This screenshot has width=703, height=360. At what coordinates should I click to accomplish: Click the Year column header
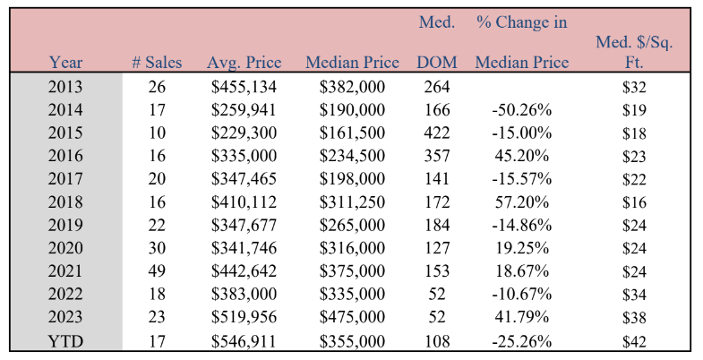point(65,63)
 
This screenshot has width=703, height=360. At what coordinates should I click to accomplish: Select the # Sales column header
point(157,63)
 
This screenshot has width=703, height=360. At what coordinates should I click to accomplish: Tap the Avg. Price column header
point(244,63)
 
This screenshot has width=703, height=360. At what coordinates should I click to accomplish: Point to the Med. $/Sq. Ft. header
point(634,52)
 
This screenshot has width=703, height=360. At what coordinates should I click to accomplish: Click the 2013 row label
point(65,87)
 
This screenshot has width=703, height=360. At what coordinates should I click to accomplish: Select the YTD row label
point(65,341)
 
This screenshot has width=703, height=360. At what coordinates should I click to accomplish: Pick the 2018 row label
point(65,201)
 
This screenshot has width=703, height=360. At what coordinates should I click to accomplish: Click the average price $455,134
point(244,87)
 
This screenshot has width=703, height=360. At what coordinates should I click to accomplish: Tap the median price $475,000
point(352,317)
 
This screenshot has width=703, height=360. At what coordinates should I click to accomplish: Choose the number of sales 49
point(157,270)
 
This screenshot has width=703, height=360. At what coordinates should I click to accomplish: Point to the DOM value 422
point(437,133)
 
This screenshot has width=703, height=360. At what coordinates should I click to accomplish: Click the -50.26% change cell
point(521,110)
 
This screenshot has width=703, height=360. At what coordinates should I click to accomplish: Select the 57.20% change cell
point(521,201)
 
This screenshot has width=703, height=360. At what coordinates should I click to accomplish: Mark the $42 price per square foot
point(634,341)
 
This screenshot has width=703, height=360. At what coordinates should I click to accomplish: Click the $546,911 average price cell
point(244,341)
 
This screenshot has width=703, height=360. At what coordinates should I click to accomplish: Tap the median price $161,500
point(352,133)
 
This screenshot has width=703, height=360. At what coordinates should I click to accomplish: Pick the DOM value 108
point(437,341)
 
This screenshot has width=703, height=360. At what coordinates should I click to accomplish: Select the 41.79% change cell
point(521,317)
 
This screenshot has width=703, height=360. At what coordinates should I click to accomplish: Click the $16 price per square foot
point(634,201)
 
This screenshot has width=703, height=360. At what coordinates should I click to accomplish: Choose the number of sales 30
point(157,248)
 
